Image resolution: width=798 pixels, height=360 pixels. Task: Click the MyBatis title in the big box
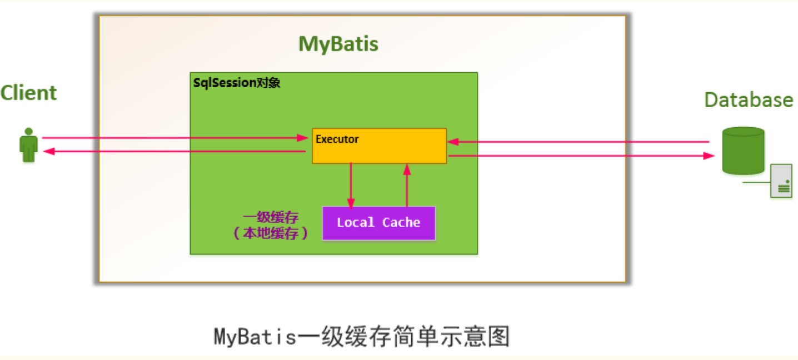tap(338, 44)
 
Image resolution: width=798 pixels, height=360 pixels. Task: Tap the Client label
tap(28, 93)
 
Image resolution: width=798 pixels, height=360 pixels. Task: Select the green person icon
tap(28, 145)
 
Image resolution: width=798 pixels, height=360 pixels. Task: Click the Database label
tap(748, 100)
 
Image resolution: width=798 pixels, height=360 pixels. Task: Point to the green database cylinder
tap(743, 151)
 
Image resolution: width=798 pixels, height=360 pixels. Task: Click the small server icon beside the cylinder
tap(781, 181)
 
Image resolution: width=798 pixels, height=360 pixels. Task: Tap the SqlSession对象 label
tap(237, 83)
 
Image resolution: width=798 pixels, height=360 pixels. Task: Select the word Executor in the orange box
tap(337, 139)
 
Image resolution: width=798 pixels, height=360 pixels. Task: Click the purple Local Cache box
tap(378, 223)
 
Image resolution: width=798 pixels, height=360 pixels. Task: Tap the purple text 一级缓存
tap(271, 218)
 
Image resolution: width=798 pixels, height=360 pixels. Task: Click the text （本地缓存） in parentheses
tap(271, 233)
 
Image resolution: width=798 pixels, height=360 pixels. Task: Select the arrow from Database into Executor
tap(578, 142)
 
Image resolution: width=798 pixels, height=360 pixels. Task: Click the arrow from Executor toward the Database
tap(578, 156)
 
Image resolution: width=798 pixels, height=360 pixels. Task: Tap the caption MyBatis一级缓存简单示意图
tap(362, 337)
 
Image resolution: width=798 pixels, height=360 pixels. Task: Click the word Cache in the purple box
tap(401, 223)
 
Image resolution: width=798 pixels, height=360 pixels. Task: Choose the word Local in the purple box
tap(355, 223)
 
